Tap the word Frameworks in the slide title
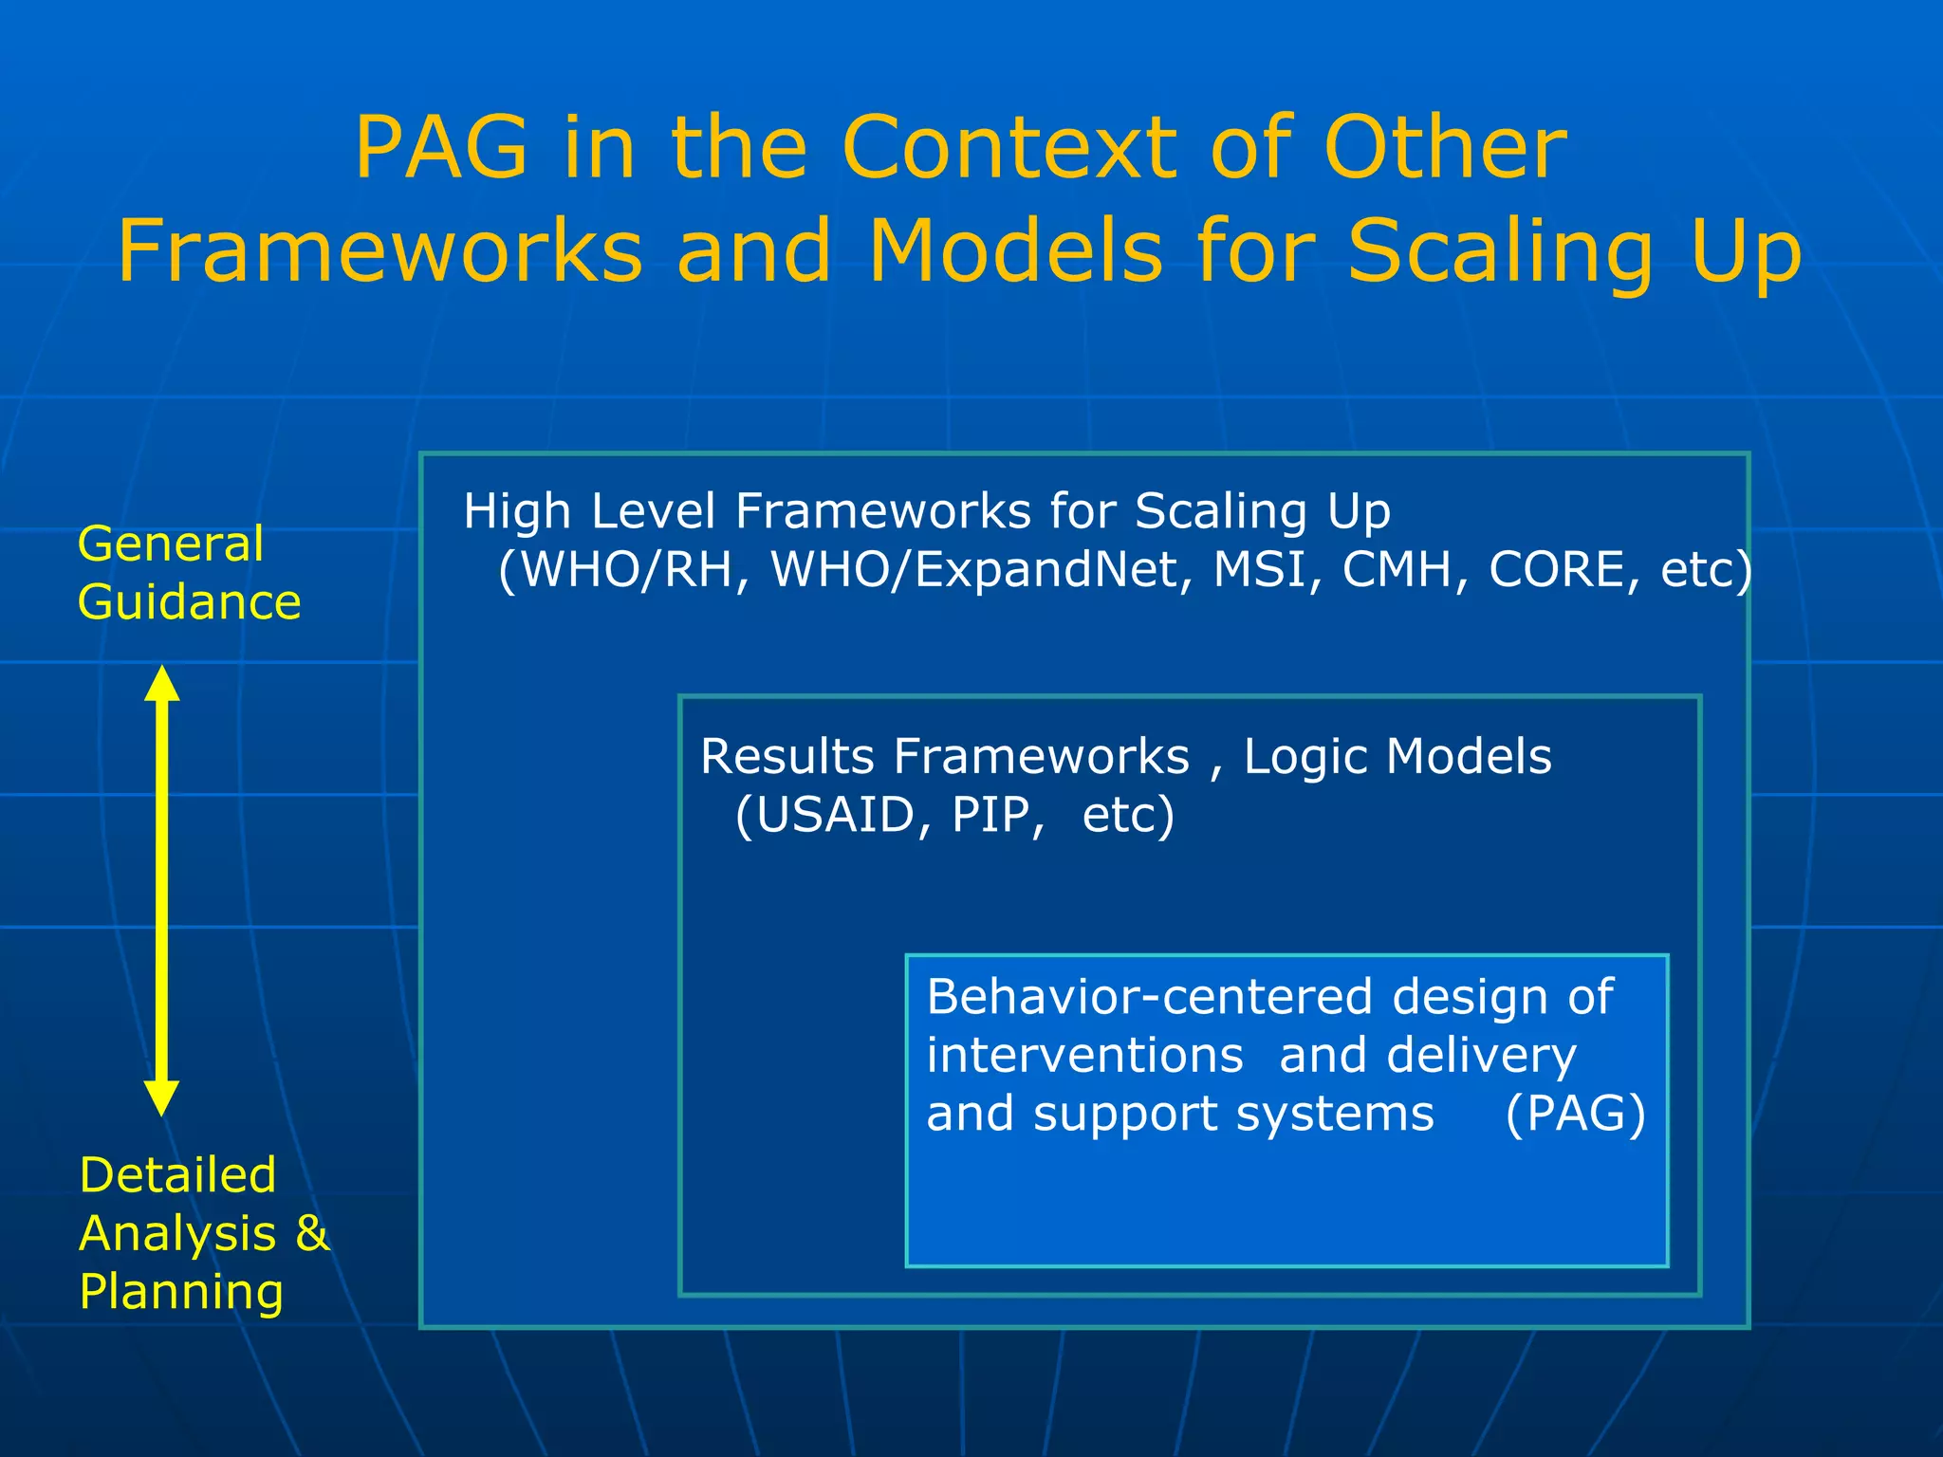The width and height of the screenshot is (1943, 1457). click(379, 250)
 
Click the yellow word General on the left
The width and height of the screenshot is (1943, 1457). click(171, 544)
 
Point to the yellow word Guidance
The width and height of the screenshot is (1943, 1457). click(189, 602)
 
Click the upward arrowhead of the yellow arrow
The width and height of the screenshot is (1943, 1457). click(162, 683)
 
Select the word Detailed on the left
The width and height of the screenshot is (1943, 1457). click(177, 1175)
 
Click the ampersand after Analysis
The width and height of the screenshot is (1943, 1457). click(311, 1233)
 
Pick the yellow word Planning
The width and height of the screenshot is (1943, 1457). click(181, 1292)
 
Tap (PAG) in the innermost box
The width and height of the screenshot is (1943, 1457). click(1575, 1114)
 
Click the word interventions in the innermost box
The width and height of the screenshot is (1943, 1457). click(1084, 1056)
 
